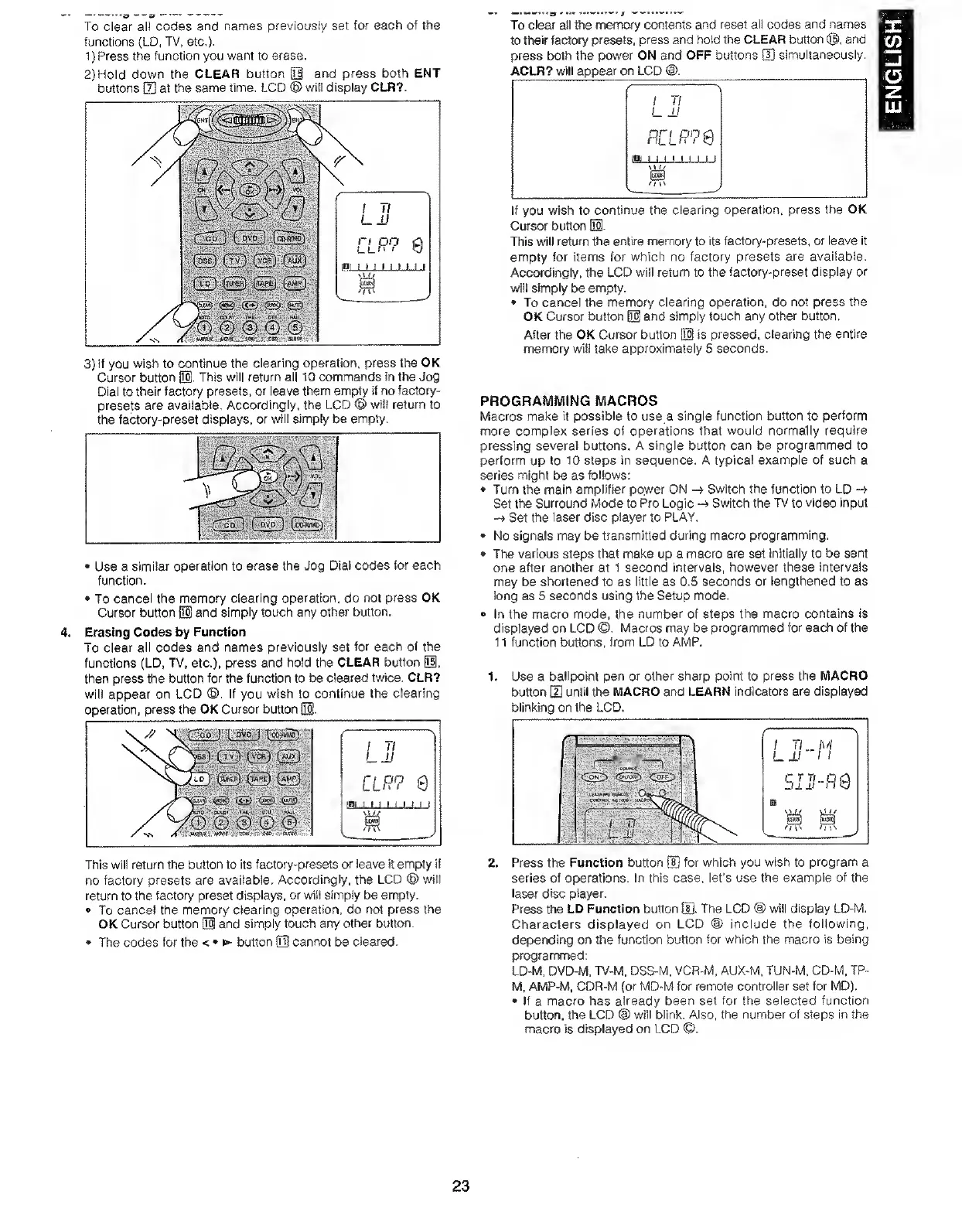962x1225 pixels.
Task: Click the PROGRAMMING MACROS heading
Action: [x=568, y=401]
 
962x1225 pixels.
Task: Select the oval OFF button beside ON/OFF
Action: [x=664, y=776]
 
